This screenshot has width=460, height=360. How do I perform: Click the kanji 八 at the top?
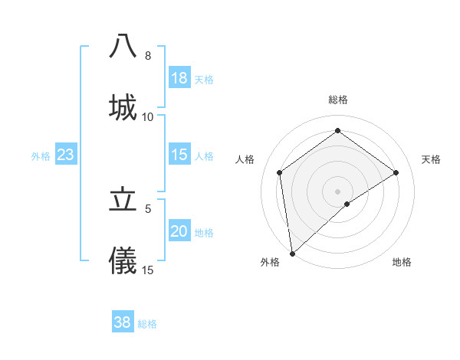click(x=123, y=47)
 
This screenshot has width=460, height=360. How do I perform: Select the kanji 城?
click(x=123, y=107)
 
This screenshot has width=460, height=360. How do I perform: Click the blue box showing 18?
click(x=179, y=78)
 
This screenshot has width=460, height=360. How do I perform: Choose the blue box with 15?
click(x=179, y=155)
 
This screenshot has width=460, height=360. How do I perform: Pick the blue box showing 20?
click(x=179, y=231)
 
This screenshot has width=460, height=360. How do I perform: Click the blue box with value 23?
click(x=66, y=155)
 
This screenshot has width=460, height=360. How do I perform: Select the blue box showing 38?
click(x=123, y=322)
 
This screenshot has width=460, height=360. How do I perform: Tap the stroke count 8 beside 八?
click(x=148, y=56)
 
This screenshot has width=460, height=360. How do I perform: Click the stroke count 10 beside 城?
click(x=148, y=117)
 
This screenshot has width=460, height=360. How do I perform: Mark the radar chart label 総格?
click(x=337, y=100)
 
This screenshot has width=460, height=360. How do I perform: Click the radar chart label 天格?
click(x=431, y=159)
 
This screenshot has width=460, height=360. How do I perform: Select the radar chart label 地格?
click(x=402, y=262)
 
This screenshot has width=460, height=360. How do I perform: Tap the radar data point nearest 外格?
click(x=291, y=254)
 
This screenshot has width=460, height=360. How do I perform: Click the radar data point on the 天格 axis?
click(x=396, y=172)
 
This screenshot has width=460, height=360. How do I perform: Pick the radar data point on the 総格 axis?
click(x=337, y=131)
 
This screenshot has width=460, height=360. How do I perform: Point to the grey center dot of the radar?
click(x=337, y=191)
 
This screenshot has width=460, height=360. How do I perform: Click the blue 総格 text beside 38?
click(x=147, y=324)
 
